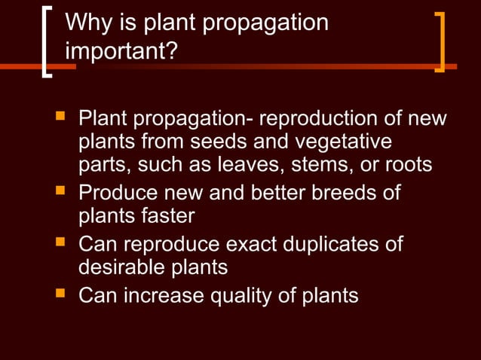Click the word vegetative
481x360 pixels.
[345, 142]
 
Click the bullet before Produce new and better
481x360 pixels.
[60, 192]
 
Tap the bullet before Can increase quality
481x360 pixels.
[60, 294]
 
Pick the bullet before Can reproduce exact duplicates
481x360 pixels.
[60, 243]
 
